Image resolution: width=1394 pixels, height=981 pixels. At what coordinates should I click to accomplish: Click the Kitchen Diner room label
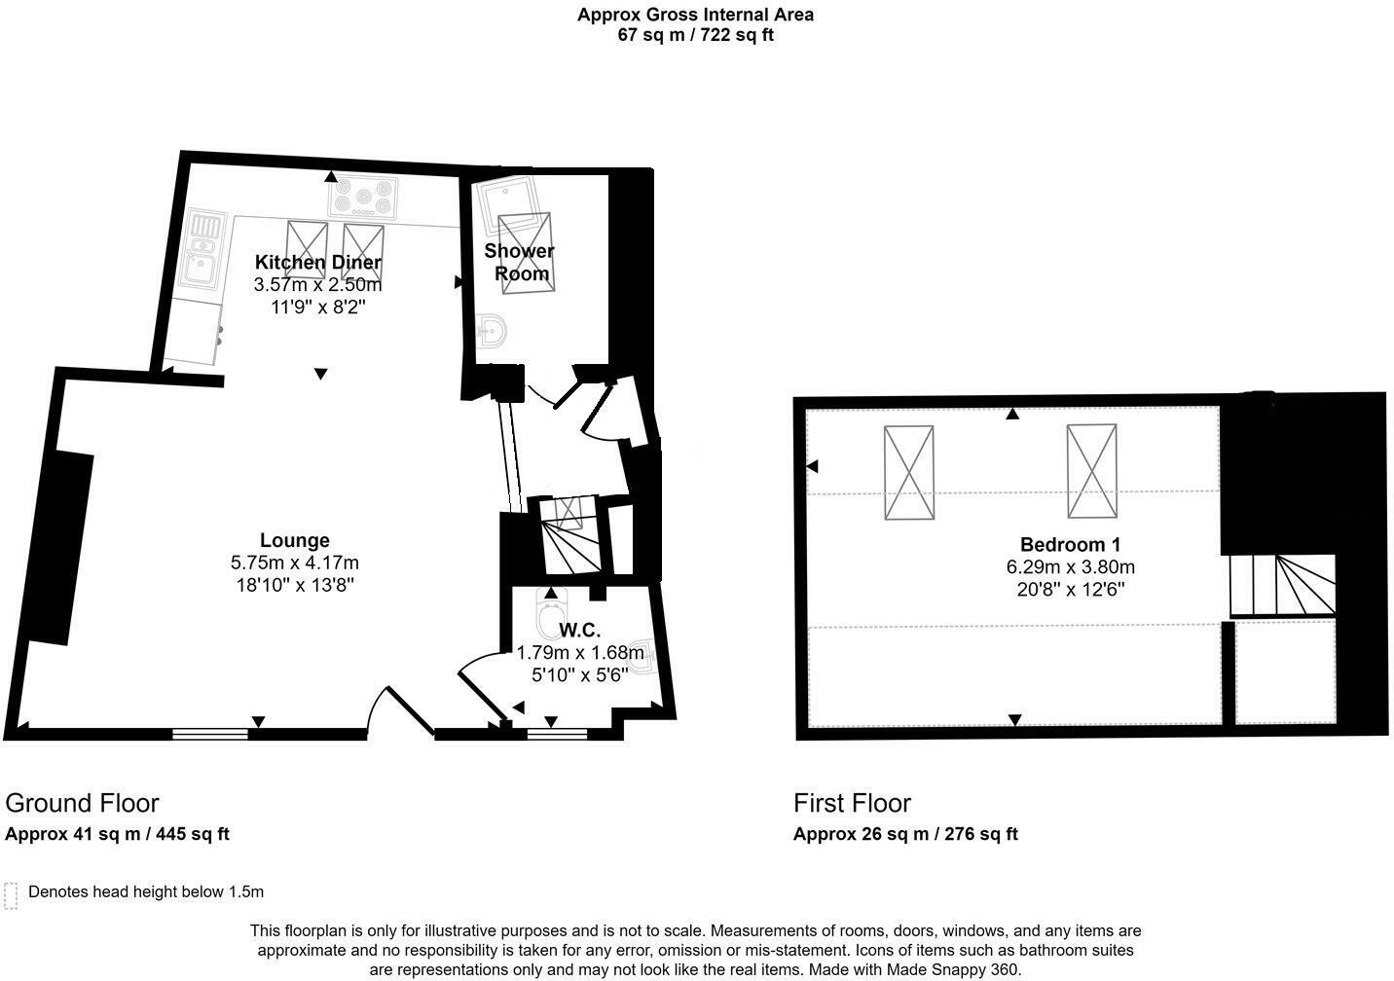317,262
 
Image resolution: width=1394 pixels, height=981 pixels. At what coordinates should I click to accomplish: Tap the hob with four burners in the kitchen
363,198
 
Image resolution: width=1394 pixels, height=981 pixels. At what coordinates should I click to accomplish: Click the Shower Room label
520,262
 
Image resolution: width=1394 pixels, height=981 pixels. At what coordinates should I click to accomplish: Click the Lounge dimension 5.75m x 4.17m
294,563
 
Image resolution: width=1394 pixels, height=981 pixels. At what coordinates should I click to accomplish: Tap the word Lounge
294,540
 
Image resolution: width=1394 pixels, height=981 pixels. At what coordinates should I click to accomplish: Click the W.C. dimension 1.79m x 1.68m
580,653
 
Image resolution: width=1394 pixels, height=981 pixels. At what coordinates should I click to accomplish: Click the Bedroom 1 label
1070,544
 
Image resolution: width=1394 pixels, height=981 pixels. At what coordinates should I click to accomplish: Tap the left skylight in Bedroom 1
908,472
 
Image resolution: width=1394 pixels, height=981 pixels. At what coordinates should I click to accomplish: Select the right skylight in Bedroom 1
1091,471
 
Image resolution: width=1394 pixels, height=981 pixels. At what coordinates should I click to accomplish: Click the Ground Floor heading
82,803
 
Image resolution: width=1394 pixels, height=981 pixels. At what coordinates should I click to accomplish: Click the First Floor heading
852,803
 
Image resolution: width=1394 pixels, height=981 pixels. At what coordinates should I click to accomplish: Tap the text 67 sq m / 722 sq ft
695,35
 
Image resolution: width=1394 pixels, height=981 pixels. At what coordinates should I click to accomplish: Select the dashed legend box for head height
11,895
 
